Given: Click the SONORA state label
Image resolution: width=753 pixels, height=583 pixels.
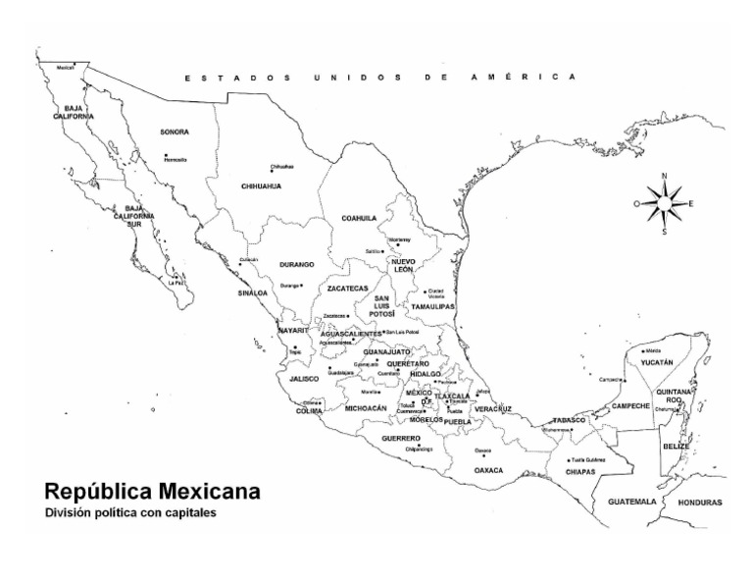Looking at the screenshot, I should [x=175, y=132].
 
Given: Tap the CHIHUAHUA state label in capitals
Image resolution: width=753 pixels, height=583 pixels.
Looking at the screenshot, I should [x=261, y=185].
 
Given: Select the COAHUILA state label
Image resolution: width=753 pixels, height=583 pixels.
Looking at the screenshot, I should [x=359, y=218].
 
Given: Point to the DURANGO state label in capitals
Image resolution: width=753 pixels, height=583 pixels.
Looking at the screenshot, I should [x=296, y=265].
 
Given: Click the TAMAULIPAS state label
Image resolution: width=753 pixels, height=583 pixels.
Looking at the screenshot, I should [x=432, y=307].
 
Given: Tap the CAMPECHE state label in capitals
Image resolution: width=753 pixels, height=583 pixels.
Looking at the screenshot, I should [x=630, y=405].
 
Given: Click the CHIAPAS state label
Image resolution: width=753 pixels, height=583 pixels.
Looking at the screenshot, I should [x=579, y=471].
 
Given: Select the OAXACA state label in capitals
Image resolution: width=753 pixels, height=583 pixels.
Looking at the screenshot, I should [x=488, y=470].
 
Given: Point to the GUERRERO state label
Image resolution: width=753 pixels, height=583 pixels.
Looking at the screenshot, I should [x=401, y=438].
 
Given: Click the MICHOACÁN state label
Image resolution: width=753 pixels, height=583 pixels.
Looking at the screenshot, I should [x=366, y=407].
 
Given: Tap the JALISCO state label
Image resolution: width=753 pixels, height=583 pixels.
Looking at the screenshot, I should [x=304, y=378].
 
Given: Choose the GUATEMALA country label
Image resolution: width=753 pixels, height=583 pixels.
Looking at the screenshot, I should [x=631, y=501].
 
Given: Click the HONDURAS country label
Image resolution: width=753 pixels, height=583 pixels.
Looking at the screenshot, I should [x=700, y=502].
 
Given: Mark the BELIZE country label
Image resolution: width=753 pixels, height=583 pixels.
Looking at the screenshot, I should [x=677, y=446].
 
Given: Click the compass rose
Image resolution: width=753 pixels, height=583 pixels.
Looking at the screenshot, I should [x=665, y=203].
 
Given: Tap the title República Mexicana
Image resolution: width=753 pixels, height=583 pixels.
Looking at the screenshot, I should [x=152, y=490].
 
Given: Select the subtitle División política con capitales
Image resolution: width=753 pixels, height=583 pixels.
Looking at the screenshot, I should [x=129, y=511].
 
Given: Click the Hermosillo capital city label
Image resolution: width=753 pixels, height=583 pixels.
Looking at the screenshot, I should [x=176, y=159].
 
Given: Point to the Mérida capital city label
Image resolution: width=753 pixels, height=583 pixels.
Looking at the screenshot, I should [x=653, y=350].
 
